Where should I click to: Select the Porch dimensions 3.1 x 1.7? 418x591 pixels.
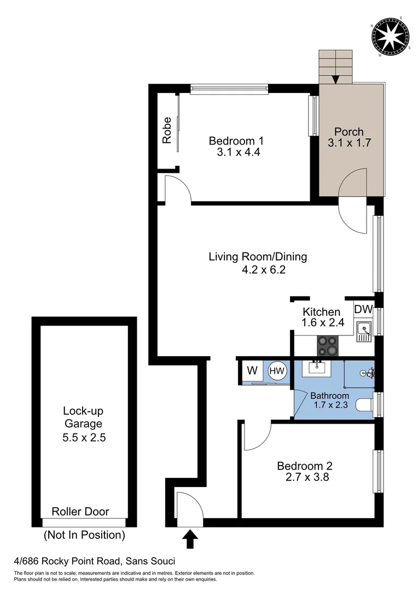point(349,143)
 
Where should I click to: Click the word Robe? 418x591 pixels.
point(167,130)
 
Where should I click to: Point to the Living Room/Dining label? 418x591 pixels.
point(258,257)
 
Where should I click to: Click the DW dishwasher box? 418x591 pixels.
point(363,309)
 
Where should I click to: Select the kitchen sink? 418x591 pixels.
point(363,331)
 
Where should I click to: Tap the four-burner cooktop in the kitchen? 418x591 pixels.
point(328,345)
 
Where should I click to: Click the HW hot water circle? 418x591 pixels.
point(277,372)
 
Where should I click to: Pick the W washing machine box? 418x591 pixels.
point(252,370)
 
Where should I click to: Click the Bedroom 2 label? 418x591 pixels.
point(304,466)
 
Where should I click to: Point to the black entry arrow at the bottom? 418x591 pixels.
point(190,538)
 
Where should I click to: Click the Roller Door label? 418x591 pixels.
point(80,512)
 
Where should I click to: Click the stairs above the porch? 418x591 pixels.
point(335,65)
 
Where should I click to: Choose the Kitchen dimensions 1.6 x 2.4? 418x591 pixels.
point(323,323)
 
